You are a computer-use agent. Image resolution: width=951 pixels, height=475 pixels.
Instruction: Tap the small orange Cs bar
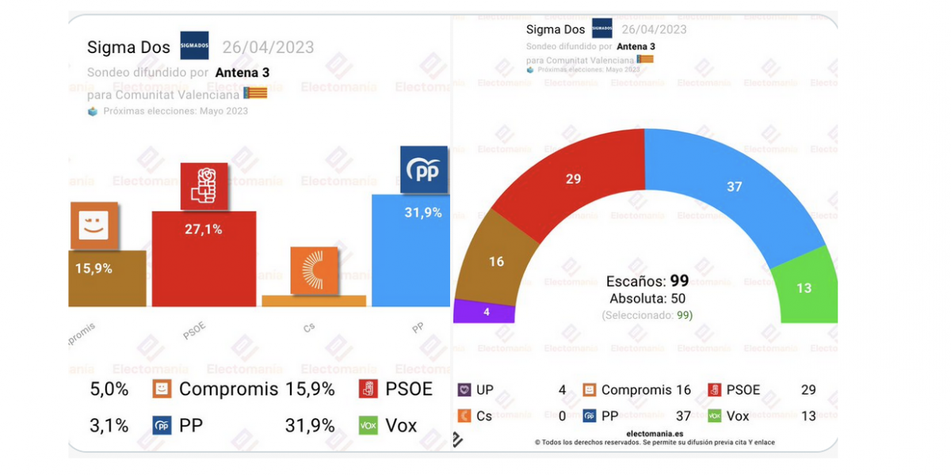314,301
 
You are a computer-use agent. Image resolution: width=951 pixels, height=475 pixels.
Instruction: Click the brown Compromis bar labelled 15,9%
107,279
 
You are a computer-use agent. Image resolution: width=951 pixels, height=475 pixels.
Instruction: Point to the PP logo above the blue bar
424,169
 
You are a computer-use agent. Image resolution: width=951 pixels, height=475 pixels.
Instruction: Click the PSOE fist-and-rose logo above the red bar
204,186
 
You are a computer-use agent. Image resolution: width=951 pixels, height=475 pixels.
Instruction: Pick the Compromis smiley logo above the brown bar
94,226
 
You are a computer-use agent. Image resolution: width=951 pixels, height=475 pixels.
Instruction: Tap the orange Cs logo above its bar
314,270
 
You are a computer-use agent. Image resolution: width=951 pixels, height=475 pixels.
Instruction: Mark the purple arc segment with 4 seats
485,311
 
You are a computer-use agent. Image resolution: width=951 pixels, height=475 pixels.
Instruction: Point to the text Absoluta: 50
647,298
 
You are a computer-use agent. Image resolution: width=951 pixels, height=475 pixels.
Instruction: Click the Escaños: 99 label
647,281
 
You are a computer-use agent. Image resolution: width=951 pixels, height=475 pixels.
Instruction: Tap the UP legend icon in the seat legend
464,389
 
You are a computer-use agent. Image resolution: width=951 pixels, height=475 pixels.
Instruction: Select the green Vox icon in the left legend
369,425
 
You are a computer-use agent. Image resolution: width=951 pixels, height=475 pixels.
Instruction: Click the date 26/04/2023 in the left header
268,47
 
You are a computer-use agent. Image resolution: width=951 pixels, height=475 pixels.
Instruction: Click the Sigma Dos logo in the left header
194,46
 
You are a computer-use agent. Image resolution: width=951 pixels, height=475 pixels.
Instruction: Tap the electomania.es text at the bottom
655,433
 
